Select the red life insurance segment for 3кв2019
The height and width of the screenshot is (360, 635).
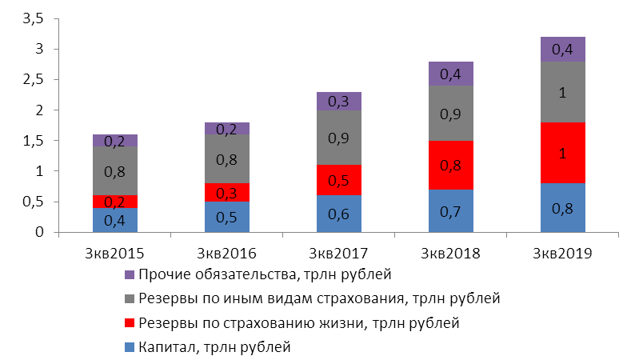point(562,153)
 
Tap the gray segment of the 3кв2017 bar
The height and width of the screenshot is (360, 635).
point(338,138)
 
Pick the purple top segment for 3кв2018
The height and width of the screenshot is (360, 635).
point(450,74)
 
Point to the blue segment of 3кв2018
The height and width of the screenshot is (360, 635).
point(450,211)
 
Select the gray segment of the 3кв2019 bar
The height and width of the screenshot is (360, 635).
point(562,92)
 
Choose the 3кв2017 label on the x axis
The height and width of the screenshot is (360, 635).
point(338,254)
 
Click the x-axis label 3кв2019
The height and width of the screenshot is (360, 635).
point(562,254)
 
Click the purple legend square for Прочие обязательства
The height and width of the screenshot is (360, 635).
point(131,275)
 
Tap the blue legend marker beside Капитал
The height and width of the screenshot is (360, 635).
point(131,347)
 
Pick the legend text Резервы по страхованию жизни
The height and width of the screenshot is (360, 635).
point(298,323)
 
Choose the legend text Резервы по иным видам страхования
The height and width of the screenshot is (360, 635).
point(318,299)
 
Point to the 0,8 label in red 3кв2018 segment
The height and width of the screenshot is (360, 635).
point(450,166)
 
